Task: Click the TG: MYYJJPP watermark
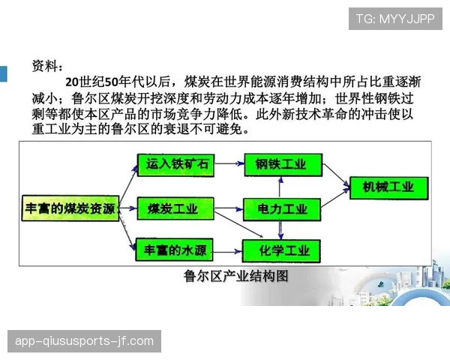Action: click(395, 19)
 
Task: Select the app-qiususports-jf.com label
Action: click(84, 341)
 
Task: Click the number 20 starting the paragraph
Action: click(72, 82)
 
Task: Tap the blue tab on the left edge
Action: click(3, 73)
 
